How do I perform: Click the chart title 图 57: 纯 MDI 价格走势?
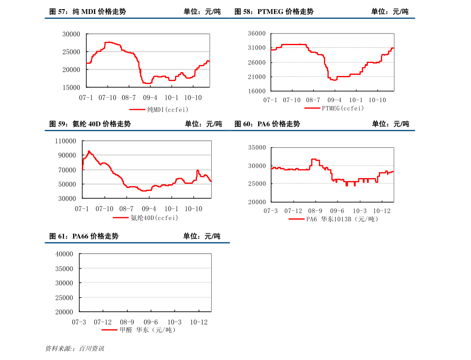point(88,11)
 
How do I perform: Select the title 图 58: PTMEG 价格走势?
point(274,11)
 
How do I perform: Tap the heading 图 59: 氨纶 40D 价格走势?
point(90,124)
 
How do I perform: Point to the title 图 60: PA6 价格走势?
point(267,124)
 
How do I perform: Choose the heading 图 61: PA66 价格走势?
point(84,236)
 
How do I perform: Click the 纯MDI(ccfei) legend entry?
point(159,110)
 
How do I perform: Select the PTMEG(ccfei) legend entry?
point(334,108)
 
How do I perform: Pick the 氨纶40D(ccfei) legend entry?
point(146,218)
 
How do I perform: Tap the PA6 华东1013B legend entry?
point(333,219)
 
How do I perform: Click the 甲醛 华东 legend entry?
point(139,330)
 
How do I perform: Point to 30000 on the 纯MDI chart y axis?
point(71,34)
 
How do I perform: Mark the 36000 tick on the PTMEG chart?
point(257,33)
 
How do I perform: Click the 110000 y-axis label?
point(66,141)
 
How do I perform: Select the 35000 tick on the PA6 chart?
point(257,148)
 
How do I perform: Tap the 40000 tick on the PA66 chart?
point(64,254)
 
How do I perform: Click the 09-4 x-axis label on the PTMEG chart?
point(334,100)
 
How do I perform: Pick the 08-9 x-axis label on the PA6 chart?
point(315,211)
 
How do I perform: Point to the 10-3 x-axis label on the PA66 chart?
point(174,322)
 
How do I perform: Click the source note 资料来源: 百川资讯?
point(74,349)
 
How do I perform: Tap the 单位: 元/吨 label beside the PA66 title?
point(202,236)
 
